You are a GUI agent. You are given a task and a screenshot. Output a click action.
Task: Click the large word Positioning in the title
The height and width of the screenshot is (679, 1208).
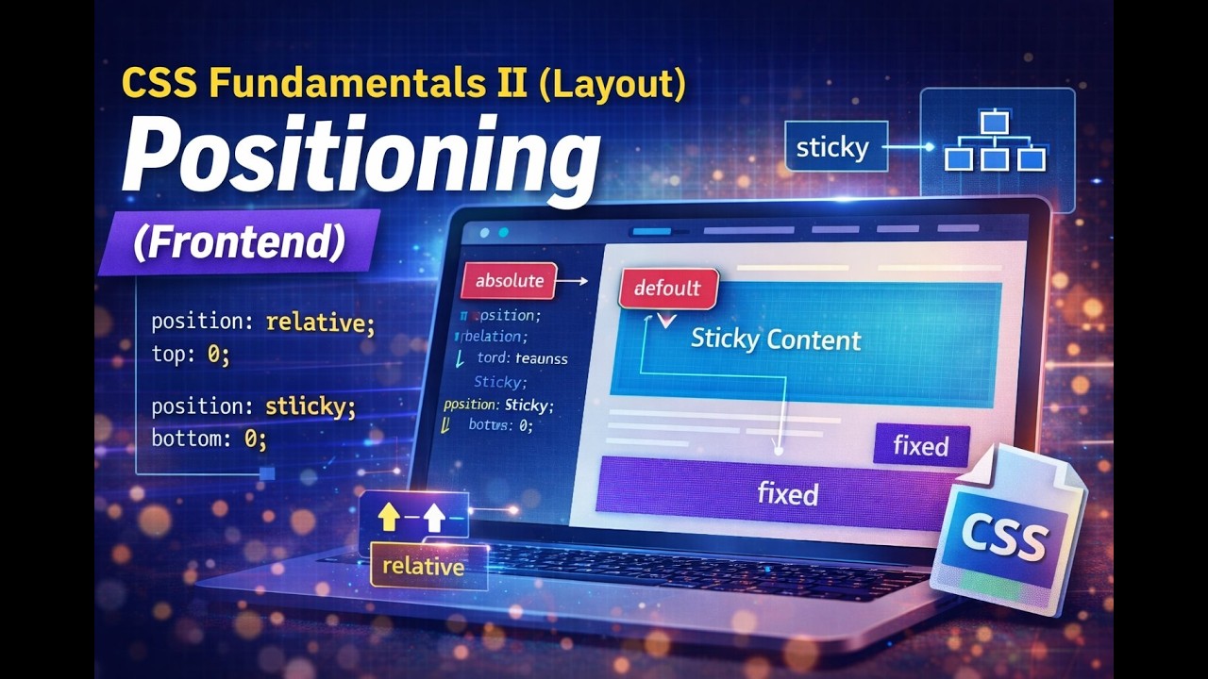(360, 160)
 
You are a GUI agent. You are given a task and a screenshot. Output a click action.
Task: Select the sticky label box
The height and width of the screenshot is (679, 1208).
(832, 147)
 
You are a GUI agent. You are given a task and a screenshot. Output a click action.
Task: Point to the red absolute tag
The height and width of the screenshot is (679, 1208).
(510, 280)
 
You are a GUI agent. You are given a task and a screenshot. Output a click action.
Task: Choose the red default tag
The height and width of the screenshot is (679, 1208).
(667, 288)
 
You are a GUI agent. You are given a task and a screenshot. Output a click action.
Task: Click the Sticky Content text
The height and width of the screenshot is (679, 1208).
(776, 339)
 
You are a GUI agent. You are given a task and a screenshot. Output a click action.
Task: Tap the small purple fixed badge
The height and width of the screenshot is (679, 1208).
(920, 445)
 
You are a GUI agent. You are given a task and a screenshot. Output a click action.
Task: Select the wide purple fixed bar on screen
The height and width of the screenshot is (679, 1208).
(787, 493)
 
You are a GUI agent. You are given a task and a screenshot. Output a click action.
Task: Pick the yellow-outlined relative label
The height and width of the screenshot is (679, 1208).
(423, 567)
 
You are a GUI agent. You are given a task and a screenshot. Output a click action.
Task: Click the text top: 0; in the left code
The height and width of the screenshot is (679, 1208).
(191, 356)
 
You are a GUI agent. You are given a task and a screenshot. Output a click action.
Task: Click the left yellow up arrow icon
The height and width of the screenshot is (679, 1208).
(389, 516)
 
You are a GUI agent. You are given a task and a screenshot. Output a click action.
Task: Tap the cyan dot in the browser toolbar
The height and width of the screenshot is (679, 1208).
(503, 232)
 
